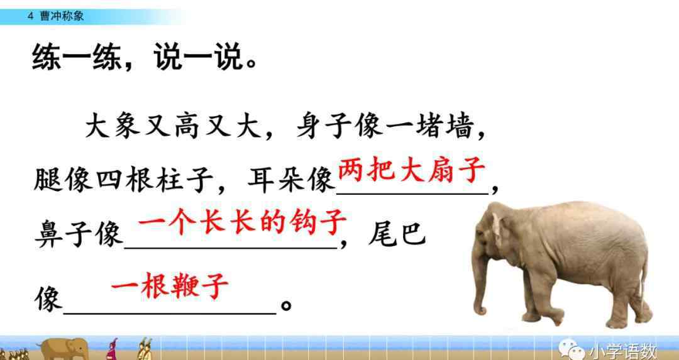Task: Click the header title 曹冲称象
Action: point(62,16)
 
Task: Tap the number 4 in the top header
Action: point(30,16)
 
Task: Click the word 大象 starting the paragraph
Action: point(113,126)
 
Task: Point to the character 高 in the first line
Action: point(189,126)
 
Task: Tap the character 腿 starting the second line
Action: point(48,179)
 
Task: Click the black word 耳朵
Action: point(275,179)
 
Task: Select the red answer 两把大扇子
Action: point(411,170)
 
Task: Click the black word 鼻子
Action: point(63,234)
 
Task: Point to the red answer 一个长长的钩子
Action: point(243,222)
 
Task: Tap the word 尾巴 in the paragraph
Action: point(397,234)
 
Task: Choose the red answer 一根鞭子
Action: point(169,285)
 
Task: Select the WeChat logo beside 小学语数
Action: point(571,349)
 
